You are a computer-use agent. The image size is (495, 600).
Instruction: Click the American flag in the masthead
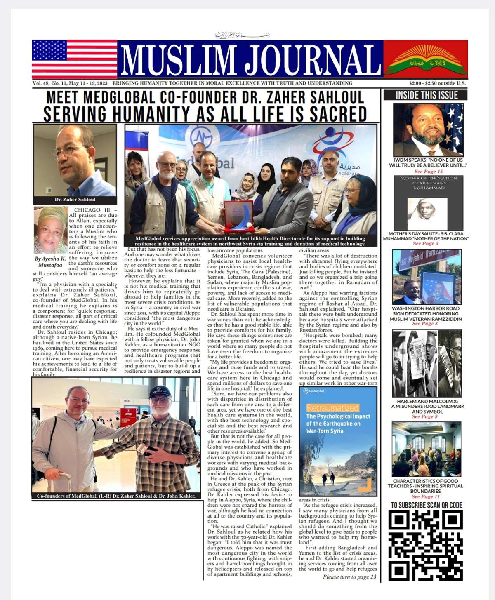tap(74, 59)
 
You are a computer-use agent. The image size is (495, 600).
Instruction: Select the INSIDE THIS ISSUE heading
tap(426, 95)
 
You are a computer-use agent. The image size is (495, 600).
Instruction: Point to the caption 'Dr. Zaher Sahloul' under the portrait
tap(75, 200)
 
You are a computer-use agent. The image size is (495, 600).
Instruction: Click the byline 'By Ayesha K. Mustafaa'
tap(50, 262)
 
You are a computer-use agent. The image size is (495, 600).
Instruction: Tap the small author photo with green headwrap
tap(50, 230)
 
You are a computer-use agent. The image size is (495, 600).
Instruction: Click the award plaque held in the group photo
tap(238, 214)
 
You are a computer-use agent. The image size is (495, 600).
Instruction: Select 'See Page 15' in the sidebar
tap(428, 172)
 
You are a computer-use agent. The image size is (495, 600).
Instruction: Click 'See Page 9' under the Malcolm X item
tap(425, 416)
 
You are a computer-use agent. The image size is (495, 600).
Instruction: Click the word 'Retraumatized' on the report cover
tap(332, 408)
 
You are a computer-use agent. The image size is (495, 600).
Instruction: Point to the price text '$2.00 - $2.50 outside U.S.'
tap(437, 83)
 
